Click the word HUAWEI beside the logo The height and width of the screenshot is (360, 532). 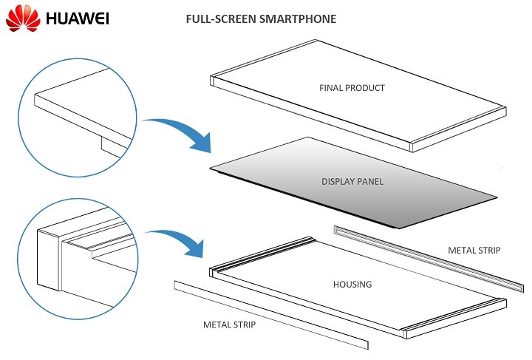click(77, 19)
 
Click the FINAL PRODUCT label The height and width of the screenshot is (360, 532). click(352, 88)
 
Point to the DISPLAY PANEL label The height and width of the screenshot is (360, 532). click(352, 181)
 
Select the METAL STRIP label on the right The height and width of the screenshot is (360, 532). click(474, 251)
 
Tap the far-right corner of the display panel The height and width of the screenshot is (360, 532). click(496, 197)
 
